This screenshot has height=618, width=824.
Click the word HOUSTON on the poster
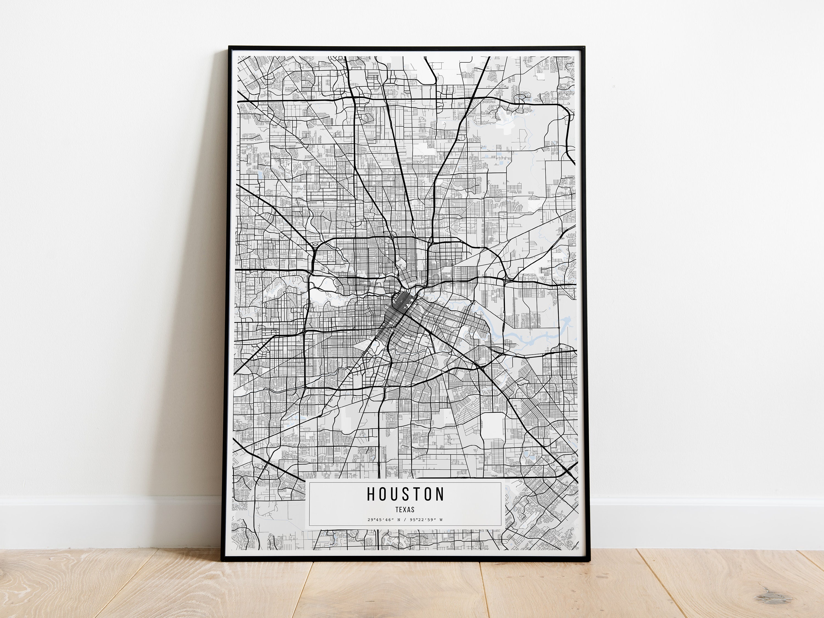(406, 494)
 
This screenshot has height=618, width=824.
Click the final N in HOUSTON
(440, 494)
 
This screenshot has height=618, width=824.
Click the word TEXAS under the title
(405, 510)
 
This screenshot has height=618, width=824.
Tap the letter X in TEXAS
(405, 510)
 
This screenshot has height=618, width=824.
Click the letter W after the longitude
(441, 520)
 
